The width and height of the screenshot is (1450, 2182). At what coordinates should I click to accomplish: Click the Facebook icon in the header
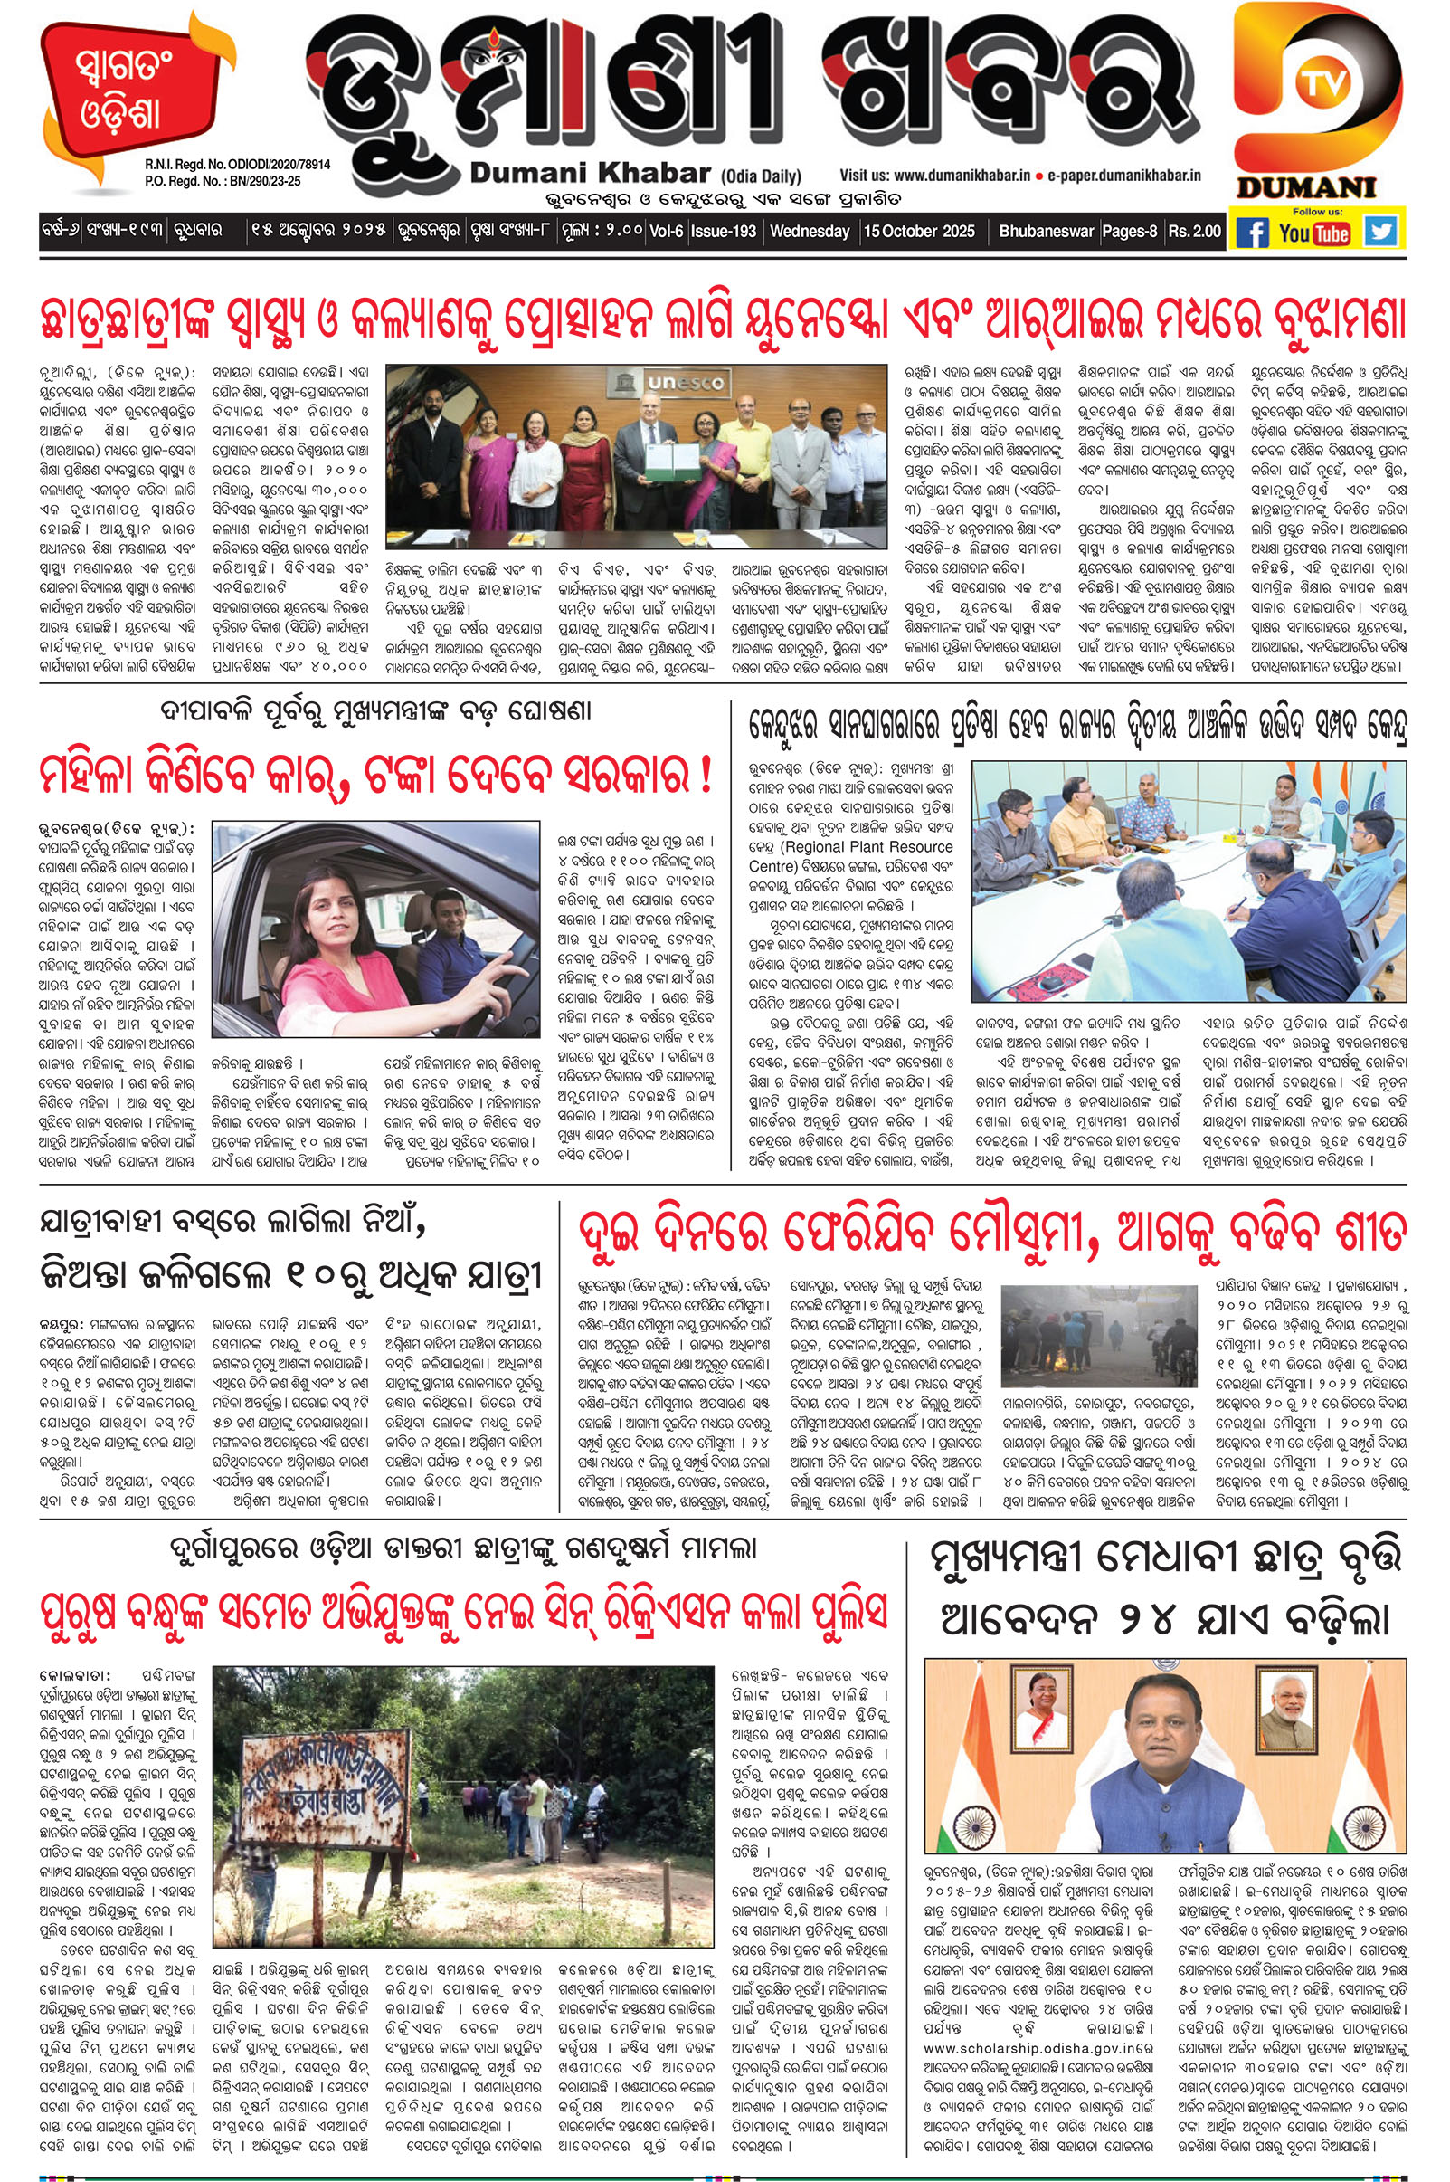1253,233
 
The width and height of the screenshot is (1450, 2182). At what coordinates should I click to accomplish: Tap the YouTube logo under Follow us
1314,233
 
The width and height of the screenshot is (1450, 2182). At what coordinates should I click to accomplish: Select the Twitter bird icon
1380,232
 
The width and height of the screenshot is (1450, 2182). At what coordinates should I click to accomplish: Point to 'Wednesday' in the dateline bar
810,232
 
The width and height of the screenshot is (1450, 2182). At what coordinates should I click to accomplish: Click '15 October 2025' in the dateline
918,232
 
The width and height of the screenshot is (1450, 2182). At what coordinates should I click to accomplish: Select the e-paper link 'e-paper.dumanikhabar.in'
1123,174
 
